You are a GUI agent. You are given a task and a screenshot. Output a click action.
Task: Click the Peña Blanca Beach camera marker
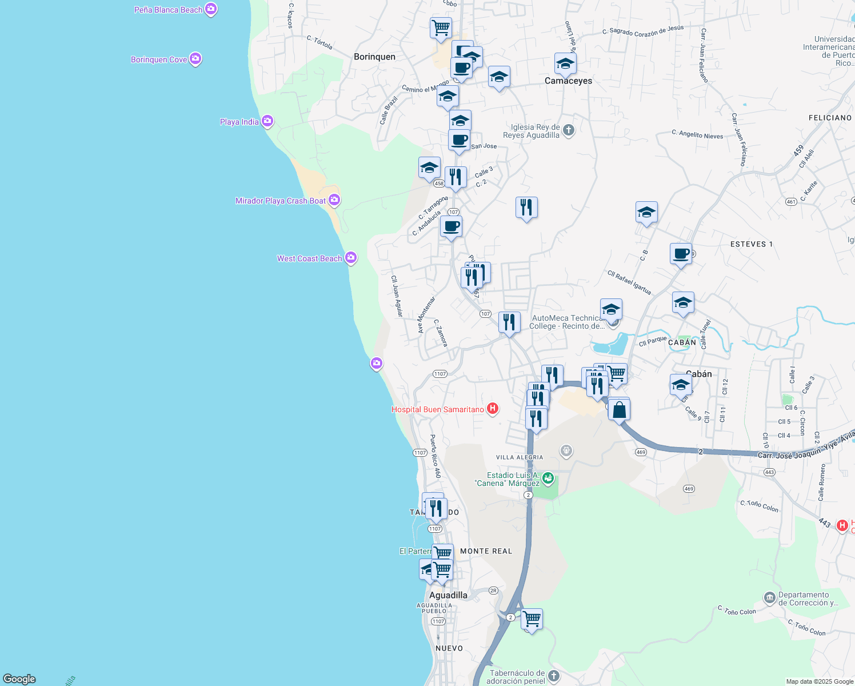point(211,9)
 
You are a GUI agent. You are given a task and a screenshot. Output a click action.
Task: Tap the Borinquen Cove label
point(159,59)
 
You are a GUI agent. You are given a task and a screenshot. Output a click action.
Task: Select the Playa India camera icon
point(267,121)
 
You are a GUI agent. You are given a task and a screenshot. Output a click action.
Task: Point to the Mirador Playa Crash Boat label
point(280,201)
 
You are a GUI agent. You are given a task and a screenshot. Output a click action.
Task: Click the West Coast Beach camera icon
point(351,258)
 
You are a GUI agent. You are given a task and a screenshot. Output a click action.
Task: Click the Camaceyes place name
point(568,81)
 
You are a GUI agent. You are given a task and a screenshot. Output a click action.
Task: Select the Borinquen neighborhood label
point(374,57)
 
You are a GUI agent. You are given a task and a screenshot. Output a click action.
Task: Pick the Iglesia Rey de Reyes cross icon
point(568,130)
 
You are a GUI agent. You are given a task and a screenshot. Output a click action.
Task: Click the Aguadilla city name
point(448,595)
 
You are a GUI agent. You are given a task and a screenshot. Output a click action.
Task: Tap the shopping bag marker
point(619,409)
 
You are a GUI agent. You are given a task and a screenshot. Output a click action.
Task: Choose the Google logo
point(19,679)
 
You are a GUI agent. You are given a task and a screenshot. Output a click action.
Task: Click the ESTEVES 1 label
point(751,244)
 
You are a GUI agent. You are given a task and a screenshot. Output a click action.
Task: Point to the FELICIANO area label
point(830,118)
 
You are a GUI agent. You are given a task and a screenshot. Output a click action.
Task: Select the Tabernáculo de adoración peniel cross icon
point(554,676)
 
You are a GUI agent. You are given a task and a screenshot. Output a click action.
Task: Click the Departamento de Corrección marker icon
point(770,598)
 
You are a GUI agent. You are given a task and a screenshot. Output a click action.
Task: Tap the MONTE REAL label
point(486,551)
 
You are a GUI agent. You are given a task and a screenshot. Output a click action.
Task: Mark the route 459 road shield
point(798,151)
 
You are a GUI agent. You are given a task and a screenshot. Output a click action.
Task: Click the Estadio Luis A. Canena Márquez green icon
point(548,477)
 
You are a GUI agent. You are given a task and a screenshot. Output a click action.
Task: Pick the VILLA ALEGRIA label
point(520,457)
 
